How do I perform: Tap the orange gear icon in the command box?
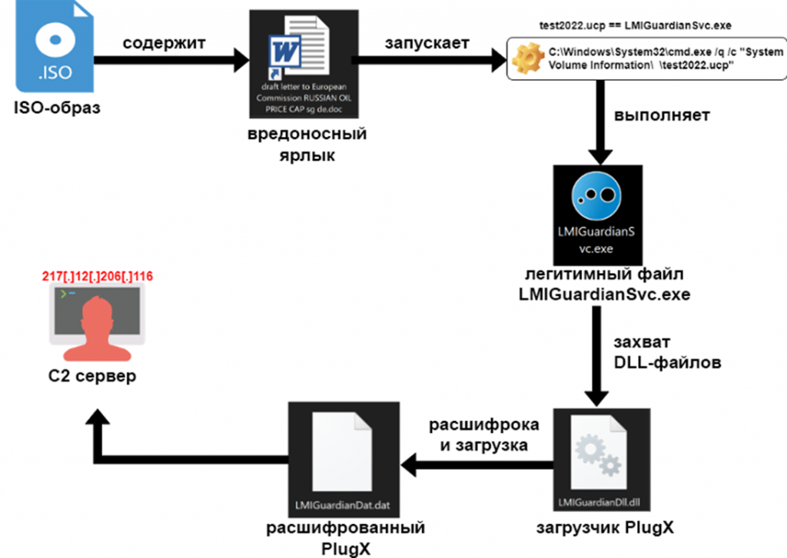coord(528,59)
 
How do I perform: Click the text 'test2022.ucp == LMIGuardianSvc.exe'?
coord(636,27)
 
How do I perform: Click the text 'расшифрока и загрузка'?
coord(483,434)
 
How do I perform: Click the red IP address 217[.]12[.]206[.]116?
coord(98,275)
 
